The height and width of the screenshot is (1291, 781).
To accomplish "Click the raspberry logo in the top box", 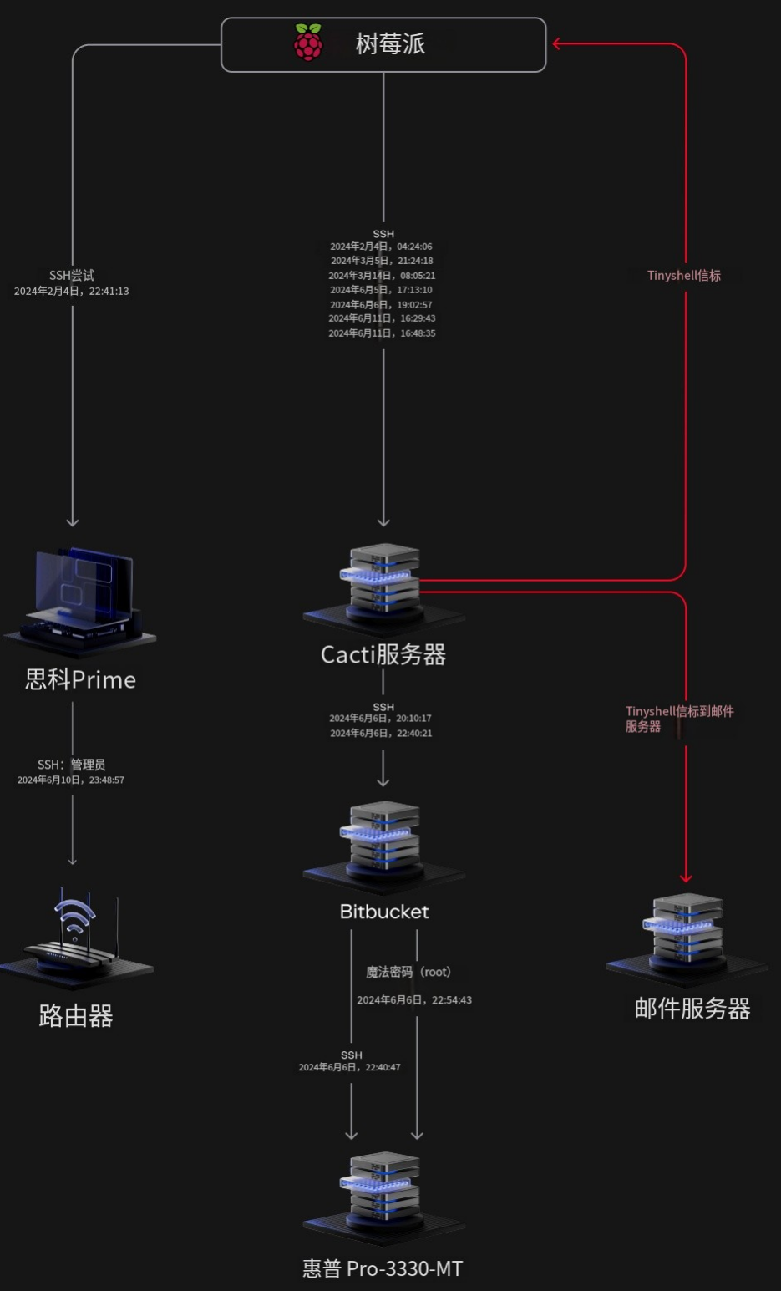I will coord(308,43).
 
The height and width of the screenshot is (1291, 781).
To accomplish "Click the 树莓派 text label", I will coord(390,43).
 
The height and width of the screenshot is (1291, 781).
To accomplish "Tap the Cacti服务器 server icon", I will coord(383,585).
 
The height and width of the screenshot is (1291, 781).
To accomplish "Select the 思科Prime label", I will coord(80,679).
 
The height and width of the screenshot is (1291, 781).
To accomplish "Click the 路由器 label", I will coord(76,1016).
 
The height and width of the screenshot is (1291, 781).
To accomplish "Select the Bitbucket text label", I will coord(384,912).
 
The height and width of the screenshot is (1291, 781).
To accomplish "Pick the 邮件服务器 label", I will coord(692,1009).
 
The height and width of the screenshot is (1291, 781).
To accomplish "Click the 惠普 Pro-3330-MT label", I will coord(383,1268).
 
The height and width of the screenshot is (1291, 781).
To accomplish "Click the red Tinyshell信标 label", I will coord(684,275).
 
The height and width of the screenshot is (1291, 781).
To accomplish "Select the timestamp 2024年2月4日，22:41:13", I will coord(72,291).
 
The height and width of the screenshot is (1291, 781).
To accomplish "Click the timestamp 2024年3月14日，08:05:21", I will coord(382,275).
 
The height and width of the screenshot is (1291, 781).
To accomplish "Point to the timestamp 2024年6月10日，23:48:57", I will coord(71,780).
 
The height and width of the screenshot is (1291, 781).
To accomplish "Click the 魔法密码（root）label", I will coord(408,972).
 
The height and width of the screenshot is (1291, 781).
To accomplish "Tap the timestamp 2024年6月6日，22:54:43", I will coord(414,999).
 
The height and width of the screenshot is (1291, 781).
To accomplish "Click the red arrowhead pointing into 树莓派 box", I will coord(557,43).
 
